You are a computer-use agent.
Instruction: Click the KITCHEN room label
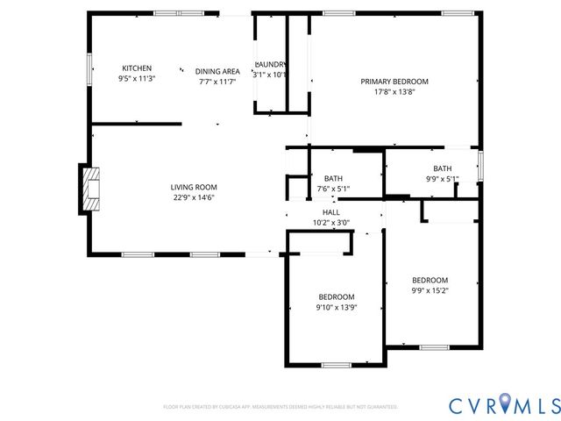tap(137, 68)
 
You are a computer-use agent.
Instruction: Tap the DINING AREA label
tap(217, 71)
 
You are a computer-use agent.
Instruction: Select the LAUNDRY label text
tap(271, 65)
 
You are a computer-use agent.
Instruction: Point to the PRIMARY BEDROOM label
tap(394, 82)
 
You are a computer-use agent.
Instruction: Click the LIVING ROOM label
tap(194, 187)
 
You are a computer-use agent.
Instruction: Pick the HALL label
tap(331, 212)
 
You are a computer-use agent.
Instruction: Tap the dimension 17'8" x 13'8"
tap(394, 91)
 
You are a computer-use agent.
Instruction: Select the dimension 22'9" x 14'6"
tap(194, 197)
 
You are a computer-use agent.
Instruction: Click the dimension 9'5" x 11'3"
tap(137, 79)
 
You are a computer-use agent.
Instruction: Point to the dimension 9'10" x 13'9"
tap(337, 307)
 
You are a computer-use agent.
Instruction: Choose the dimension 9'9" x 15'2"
tap(430, 290)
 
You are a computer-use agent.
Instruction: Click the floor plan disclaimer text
tap(280, 407)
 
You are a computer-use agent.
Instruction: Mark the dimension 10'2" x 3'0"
tap(331, 223)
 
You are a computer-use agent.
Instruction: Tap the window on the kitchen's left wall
tap(89, 69)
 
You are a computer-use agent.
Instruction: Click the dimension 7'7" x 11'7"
tap(217, 82)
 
